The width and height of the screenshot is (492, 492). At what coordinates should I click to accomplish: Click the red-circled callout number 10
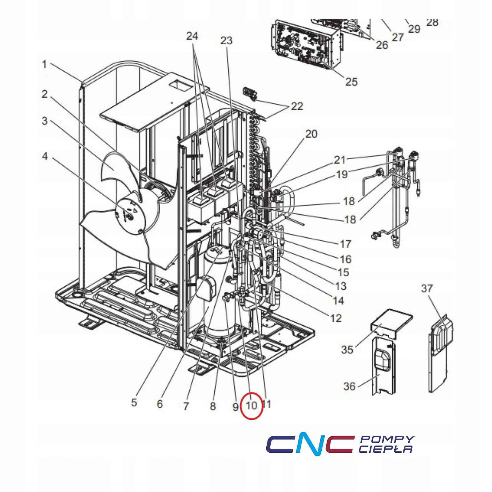click(x=251, y=405)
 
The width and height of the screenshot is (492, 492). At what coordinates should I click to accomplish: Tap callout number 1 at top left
click(x=45, y=65)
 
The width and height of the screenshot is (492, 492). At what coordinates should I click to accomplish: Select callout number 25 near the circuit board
click(x=351, y=81)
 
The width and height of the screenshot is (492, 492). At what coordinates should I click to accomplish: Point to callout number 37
click(x=427, y=288)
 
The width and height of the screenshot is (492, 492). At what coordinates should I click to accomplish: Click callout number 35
click(x=347, y=350)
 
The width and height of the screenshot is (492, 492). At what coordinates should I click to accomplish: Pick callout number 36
click(x=349, y=386)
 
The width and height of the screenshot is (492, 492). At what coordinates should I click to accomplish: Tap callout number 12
click(x=336, y=318)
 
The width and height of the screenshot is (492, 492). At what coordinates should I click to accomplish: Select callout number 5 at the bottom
click(x=134, y=402)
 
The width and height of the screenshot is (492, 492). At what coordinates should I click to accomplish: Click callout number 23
click(x=227, y=40)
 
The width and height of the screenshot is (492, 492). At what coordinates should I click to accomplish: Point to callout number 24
click(x=192, y=36)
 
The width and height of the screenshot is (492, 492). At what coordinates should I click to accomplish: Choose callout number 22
click(x=297, y=106)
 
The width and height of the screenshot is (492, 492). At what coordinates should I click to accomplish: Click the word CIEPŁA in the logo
click(x=386, y=449)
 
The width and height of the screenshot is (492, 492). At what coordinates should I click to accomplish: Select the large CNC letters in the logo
click(x=309, y=444)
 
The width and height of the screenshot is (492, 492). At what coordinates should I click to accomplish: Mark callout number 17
click(x=345, y=244)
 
